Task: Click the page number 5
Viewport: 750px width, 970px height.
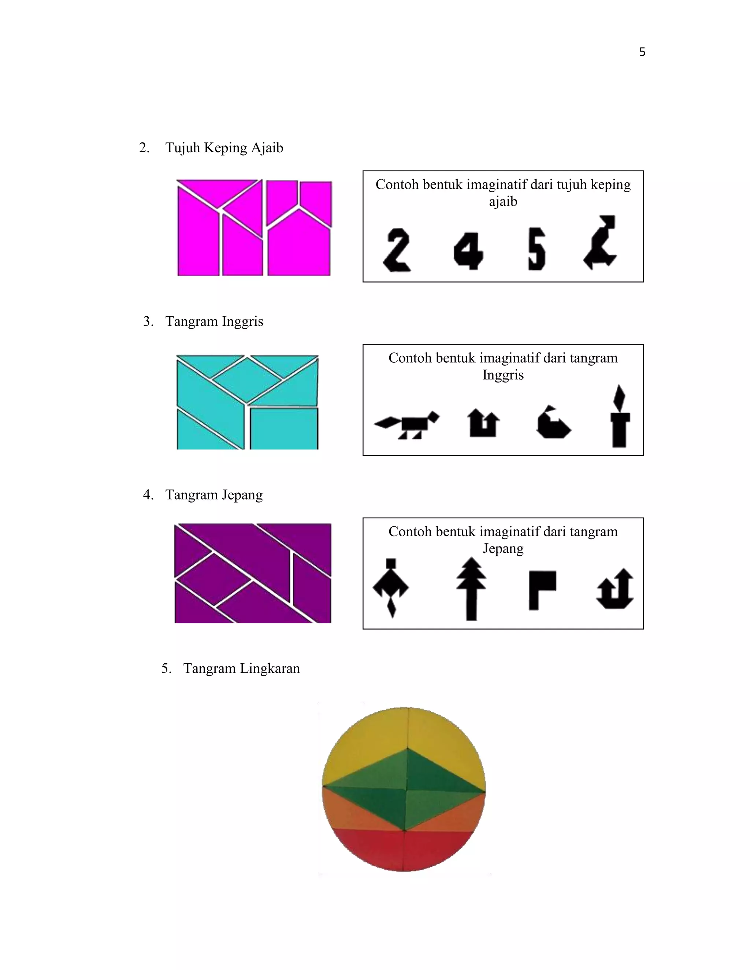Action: tap(642, 52)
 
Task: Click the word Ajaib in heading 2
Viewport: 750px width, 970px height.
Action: tap(267, 148)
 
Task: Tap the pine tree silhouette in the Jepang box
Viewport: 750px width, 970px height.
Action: tap(471, 589)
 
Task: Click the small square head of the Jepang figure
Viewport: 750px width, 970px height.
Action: tap(391, 563)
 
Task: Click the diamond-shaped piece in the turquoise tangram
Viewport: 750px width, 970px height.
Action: tap(246, 374)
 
